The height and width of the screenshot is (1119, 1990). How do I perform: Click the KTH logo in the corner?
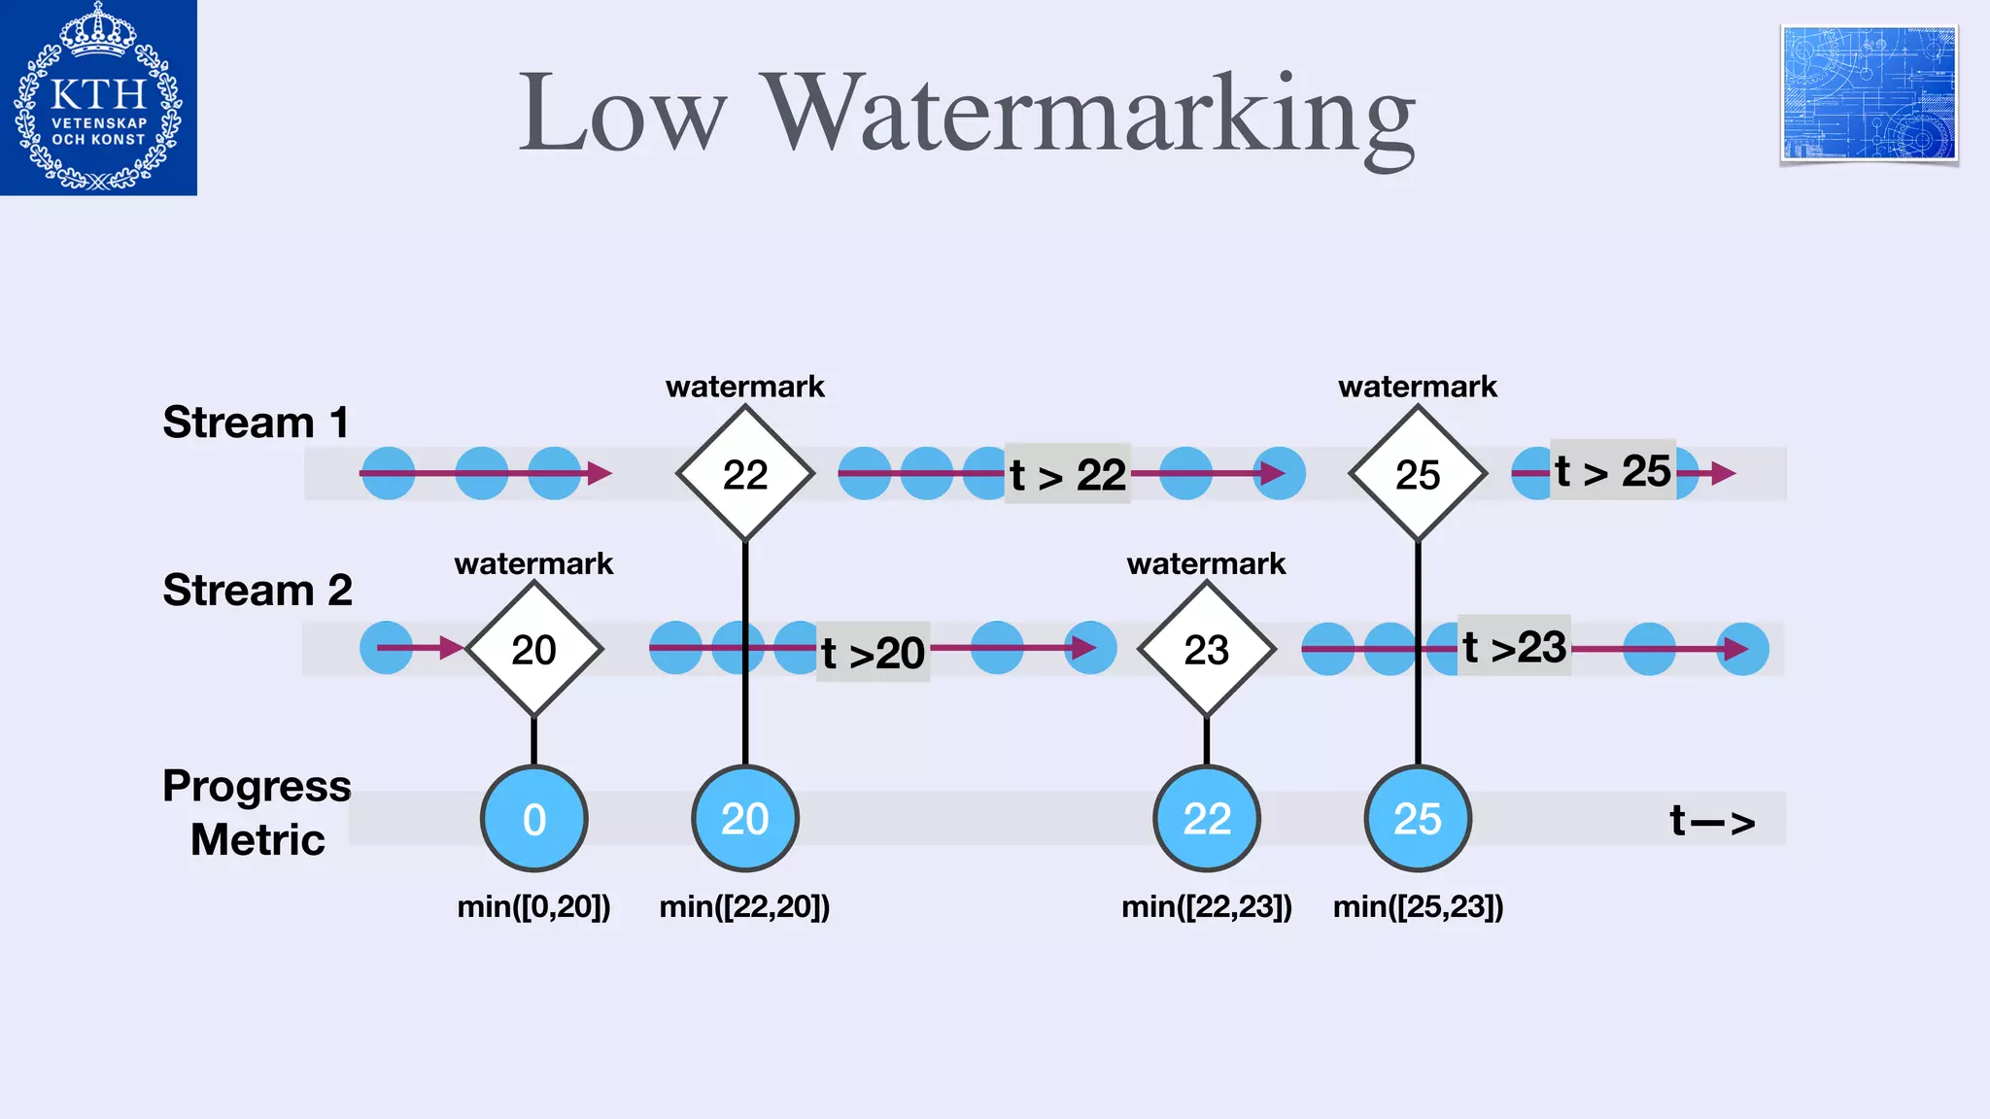pos(98,97)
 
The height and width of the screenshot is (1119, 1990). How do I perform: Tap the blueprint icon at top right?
pos(1869,94)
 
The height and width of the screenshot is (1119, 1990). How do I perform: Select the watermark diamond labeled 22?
pos(745,474)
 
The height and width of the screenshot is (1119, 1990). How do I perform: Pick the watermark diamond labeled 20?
pos(534,649)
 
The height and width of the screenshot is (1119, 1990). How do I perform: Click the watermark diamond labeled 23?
pos(1207,649)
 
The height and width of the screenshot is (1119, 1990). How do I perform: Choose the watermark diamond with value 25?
pos(1418,474)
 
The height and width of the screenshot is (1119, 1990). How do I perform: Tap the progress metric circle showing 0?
pos(534,819)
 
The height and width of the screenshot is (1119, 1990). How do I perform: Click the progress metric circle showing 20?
pos(745,819)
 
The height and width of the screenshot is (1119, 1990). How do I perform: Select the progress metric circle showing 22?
pos(1207,819)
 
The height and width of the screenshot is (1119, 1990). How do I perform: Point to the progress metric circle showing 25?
pos(1418,819)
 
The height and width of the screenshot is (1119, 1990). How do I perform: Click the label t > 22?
pos(1067,474)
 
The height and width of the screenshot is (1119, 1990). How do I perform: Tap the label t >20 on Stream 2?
pos(873,652)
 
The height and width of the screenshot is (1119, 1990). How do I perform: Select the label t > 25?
pos(1612,471)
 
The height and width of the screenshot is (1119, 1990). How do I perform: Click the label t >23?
pos(1514,647)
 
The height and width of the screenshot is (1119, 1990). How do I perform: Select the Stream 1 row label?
pos(256,423)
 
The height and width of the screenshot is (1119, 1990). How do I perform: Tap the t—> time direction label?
pos(1712,821)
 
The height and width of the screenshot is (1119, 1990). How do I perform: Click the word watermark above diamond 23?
pos(1206,563)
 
